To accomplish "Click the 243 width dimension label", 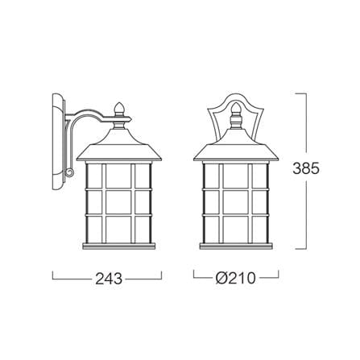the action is point(109,279).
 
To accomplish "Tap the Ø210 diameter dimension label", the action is point(236,278).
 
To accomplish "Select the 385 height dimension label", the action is point(306,168).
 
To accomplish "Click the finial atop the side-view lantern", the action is point(118,110).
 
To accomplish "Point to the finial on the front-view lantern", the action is point(236,110).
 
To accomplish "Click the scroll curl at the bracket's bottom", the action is point(69,172).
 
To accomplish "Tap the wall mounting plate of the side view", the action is point(59,142).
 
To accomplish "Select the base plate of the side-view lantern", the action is point(119,246).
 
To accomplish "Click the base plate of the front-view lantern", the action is point(236,246).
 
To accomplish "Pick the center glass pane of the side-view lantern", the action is point(118,203).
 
